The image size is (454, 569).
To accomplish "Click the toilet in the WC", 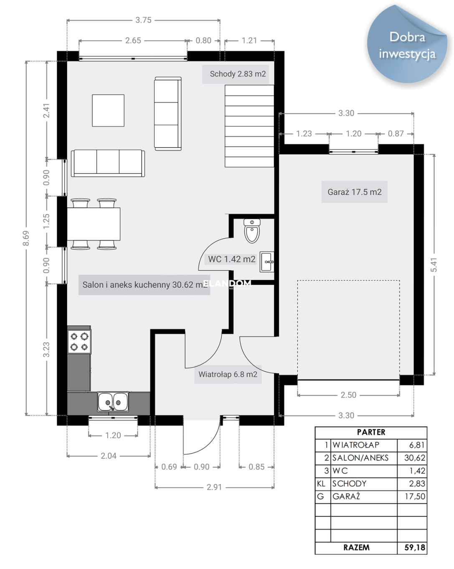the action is tap(252, 230).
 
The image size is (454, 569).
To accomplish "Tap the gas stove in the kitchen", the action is tap(79, 341).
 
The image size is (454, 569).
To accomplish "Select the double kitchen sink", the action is tap(113, 402).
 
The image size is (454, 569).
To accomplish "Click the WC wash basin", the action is tap(267, 262).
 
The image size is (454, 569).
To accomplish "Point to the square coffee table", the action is tap(108, 110).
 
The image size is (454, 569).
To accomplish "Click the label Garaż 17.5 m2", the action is tap(354, 192).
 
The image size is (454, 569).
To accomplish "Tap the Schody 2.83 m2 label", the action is tap(238, 74).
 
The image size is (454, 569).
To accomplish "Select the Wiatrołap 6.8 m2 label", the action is tap(228, 375).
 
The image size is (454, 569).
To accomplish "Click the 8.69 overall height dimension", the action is tap(25, 238).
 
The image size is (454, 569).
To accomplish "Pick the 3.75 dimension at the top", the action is tap(143, 20).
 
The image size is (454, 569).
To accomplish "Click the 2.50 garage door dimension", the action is tap(348, 395).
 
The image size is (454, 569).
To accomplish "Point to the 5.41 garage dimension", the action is tap(434, 264).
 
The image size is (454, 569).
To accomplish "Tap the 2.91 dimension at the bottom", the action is tap(214, 487).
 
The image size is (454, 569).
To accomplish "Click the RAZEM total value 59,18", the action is tap(415, 547).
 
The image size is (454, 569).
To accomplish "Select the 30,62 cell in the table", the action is tap(415, 458).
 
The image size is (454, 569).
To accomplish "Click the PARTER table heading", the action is tap(371, 432).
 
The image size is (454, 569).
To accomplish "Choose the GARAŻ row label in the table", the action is tap(346, 496).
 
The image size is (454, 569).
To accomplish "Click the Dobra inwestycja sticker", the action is tap(407, 45).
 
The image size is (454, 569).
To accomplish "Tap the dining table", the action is tap(94, 224).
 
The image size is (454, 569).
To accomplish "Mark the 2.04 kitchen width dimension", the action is tap(108, 456).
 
